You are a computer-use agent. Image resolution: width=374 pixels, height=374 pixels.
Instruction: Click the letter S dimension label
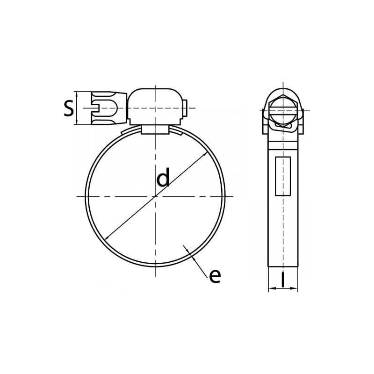[x=69, y=108]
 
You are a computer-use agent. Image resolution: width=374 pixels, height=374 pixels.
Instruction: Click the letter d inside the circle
[x=163, y=179]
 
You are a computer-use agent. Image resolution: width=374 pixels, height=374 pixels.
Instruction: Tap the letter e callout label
[x=215, y=276]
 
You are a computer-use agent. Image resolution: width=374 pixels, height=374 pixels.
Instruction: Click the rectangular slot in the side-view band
[x=283, y=176]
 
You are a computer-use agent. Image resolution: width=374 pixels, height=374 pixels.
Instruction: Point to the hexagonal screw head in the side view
[x=283, y=110]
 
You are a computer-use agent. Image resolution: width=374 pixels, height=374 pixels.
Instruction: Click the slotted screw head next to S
[x=108, y=108]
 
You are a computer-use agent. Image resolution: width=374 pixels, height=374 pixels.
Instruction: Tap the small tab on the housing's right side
[x=185, y=108]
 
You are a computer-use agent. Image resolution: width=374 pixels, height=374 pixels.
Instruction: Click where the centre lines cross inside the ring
[x=155, y=196]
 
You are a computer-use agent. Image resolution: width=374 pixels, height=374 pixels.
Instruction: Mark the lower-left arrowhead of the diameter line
[x=106, y=238]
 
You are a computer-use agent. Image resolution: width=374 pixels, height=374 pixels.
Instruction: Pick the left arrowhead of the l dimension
[x=271, y=288]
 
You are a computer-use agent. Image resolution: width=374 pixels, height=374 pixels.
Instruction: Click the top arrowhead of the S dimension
[x=77, y=93]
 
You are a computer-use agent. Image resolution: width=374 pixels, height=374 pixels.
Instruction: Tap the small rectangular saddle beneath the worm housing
[x=155, y=130]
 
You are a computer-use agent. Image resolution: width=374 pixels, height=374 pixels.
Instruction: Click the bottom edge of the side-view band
[x=283, y=266]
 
